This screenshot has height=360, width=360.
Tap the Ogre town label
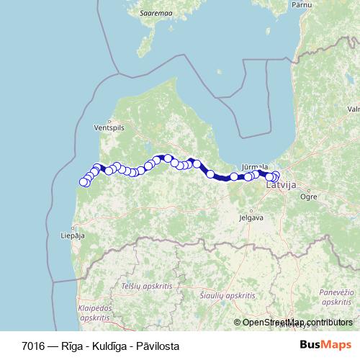[x=308, y=196]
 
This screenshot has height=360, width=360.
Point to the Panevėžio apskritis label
[x=335, y=296]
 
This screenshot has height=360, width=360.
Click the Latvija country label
[x=281, y=185]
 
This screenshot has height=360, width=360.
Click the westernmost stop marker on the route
[x=84, y=181]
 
